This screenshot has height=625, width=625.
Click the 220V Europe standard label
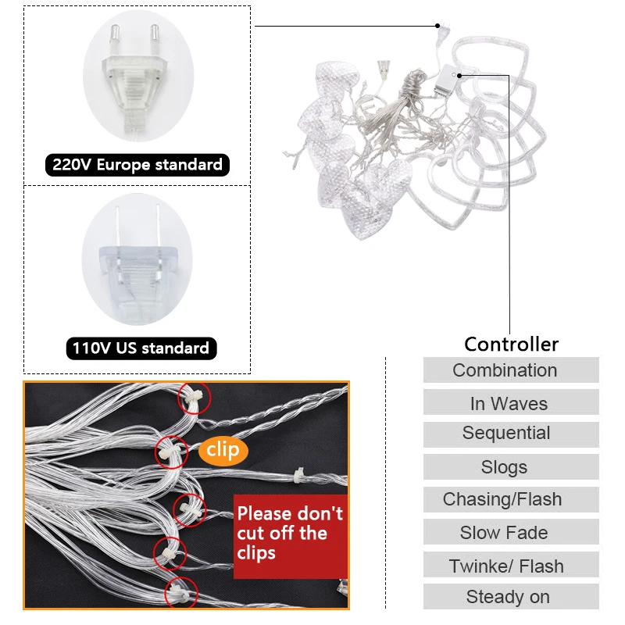click(137, 165)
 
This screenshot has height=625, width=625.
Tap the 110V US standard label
click(141, 348)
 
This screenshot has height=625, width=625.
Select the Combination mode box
click(511, 370)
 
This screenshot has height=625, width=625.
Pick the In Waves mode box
click(511, 402)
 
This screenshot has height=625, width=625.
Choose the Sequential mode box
click(511, 434)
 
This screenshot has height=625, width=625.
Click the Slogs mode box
click(511, 466)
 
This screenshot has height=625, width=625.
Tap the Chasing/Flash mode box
click(511, 499)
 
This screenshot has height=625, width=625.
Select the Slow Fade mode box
click(511, 532)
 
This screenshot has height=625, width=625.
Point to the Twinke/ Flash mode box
click(511, 564)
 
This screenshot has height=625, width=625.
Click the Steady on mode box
click(511, 597)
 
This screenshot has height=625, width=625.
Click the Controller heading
click(512, 344)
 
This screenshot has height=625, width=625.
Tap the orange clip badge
click(223, 451)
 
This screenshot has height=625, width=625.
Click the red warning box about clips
click(291, 536)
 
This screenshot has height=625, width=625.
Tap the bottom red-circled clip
click(181, 593)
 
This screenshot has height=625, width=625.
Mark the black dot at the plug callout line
click(437, 26)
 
